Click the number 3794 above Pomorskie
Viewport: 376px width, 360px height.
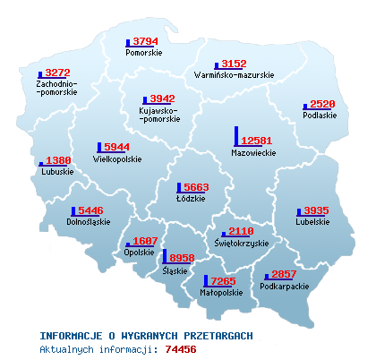[x=145, y=41]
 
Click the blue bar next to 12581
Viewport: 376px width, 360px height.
[x=237, y=135]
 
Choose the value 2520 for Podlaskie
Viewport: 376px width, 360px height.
[x=322, y=104]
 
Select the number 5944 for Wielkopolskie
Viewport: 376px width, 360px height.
[x=117, y=147]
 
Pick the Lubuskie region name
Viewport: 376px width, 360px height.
[x=56, y=172]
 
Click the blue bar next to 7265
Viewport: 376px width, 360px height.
[x=206, y=281]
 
